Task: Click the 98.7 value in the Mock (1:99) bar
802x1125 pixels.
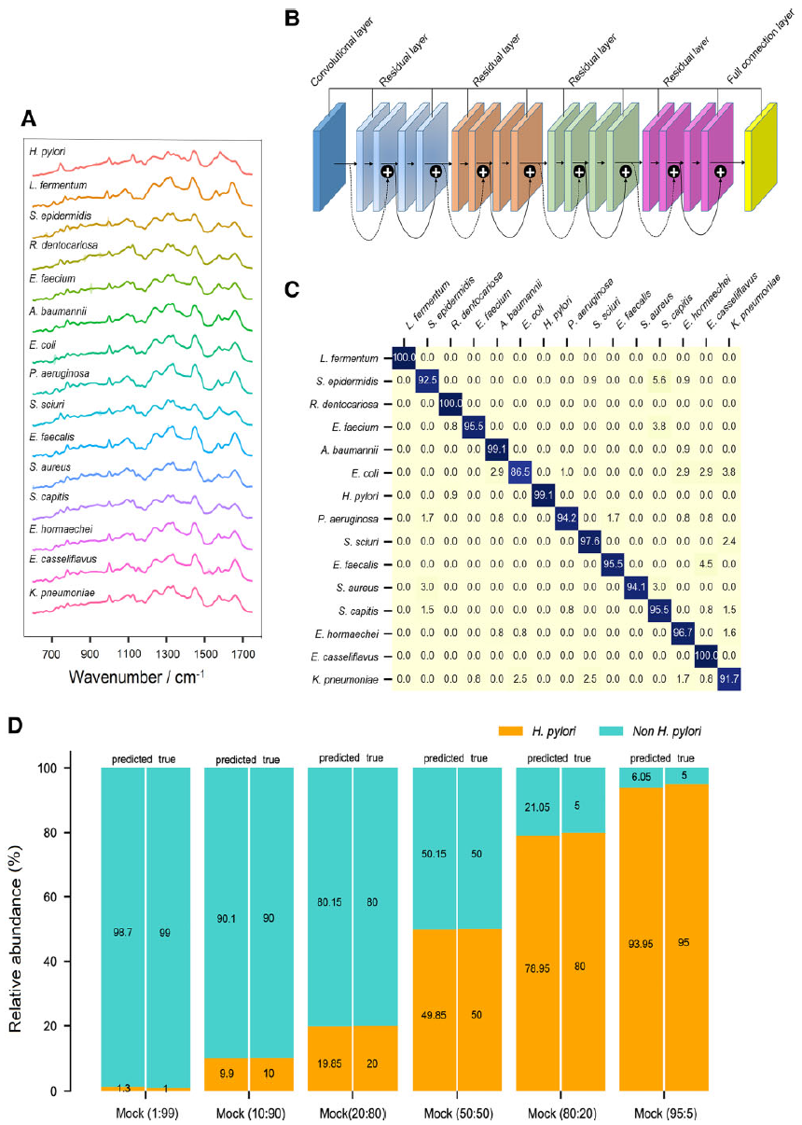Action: pos(123,932)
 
